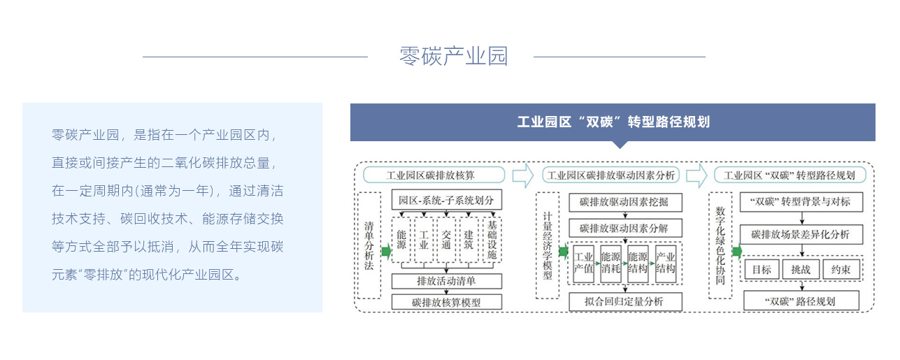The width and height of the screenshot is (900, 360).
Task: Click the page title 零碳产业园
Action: point(454,56)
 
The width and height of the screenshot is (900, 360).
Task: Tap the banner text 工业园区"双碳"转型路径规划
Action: point(613,122)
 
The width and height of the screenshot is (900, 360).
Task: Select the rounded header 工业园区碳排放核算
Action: point(434,175)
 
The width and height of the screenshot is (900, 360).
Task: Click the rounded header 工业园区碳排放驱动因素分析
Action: point(610,175)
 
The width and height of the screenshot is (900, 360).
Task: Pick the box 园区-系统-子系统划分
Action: point(446,200)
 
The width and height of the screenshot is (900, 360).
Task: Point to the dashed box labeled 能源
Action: point(401,240)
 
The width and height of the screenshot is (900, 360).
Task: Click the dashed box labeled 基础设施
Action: point(492,240)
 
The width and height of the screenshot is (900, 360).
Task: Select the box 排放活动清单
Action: point(446,281)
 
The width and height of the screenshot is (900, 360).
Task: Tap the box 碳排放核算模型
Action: point(446,302)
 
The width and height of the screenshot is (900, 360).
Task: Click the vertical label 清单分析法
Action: point(369,245)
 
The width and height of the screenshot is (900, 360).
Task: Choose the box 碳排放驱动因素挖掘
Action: point(625,202)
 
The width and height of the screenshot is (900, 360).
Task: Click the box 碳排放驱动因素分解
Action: point(625,228)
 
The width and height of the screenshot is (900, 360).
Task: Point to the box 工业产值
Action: point(583,264)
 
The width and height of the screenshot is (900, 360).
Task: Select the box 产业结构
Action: point(665,264)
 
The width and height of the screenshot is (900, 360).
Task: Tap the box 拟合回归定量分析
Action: point(625,302)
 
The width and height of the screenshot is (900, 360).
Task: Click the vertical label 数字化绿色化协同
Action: point(720,245)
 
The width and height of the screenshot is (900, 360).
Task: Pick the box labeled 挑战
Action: point(801,269)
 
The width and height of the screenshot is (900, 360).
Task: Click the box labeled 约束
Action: point(841,269)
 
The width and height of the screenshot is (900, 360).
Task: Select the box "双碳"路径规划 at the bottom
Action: point(801,301)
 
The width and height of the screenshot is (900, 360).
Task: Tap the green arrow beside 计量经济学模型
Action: point(564,252)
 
